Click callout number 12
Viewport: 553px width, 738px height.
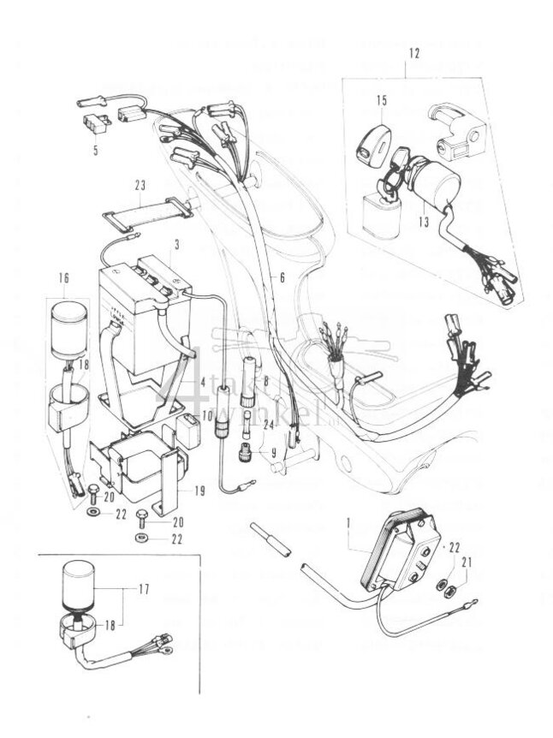[x=414, y=53]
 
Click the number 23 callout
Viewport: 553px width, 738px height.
[x=140, y=184]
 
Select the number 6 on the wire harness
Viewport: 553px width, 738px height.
[x=281, y=278]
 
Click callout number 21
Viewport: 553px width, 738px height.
[x=466, y=561]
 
